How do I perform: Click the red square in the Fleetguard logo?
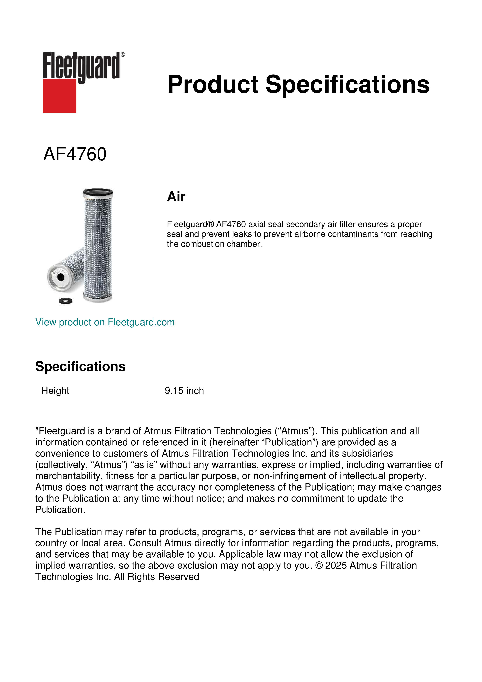pos(59,96)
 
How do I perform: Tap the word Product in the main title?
pos(213,84)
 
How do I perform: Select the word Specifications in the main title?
pos(347,84)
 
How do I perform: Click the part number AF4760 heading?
pos(75,154)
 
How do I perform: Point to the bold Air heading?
pos(176,197)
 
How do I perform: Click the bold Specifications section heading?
pos(80,366)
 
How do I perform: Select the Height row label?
pos(55,391)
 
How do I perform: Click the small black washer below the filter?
pos(66,301)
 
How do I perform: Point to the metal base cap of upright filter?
pos(98,297)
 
